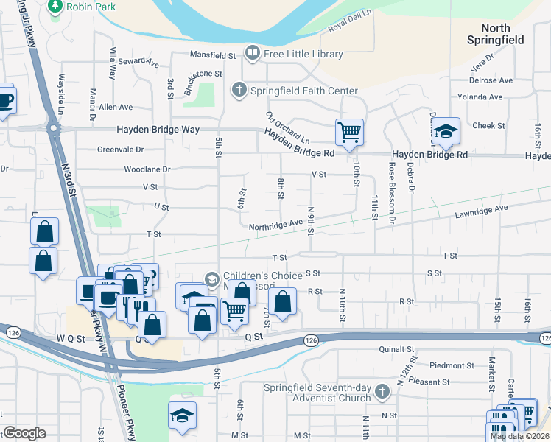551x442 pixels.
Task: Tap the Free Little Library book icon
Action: pyautogui.click(x=252, y=53)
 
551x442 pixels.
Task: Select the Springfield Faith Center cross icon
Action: pyautogui.click(x=239, y=91)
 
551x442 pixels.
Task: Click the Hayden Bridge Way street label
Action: pyautogui.click(x=158, y=130)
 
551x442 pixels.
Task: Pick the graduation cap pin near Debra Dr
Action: pyautogui.click(x=446, y=131)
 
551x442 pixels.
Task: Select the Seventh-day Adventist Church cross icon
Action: pyautogui.click(x=382, y=391)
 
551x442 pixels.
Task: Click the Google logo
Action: pyautogui.click(x=24, y=433)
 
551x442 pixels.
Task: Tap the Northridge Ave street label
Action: pyautogui.click(x=275, y=224)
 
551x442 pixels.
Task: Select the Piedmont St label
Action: pyautogui.click(x=451, y=365)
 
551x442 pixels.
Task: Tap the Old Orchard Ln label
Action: pyautogui.click(x=288, y=127)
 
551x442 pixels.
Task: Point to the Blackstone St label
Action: pyautogui.click(x=203, y=74)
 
